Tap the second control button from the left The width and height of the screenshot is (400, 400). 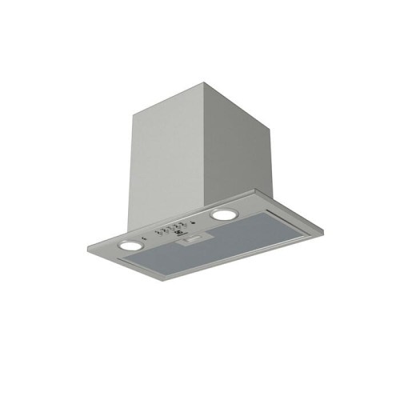[167, 229]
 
